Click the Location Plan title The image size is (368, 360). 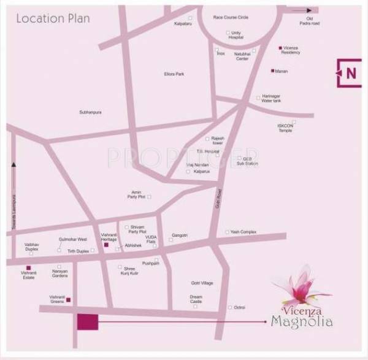(53, 18)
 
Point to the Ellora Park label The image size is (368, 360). (174, 74)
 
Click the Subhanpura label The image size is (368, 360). (91, 112)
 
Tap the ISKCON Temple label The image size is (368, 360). (285, 128)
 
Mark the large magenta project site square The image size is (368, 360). (88, 321)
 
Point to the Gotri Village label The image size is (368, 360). (202, 283)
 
